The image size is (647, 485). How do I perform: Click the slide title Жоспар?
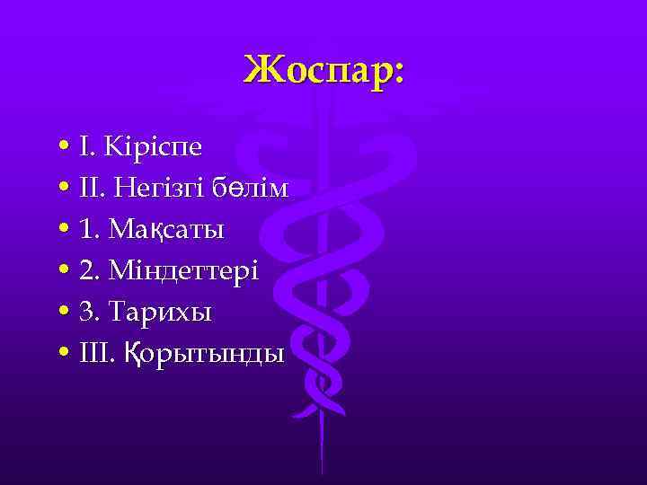pyautogui.click(x=323, y=70)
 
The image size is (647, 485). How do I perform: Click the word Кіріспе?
pyautogui.click(x=155, y=146)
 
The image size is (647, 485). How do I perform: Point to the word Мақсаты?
pyautogui.click(x=165, y=230)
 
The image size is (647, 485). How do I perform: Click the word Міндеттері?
pyautogui.click(x=181, y=270)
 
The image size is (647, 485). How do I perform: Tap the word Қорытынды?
pyautogui.click(x=200, y=354)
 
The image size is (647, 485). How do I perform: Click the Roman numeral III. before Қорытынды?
pyautogui.click(x=96, y=353)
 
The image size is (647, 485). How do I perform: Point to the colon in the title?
pyautogui.click(x=397, y=74)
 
